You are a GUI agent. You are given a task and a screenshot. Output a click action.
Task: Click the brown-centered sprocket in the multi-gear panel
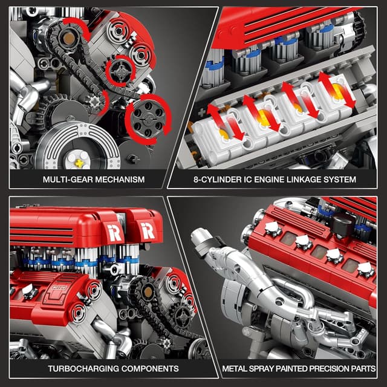click(x=71, y=42)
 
